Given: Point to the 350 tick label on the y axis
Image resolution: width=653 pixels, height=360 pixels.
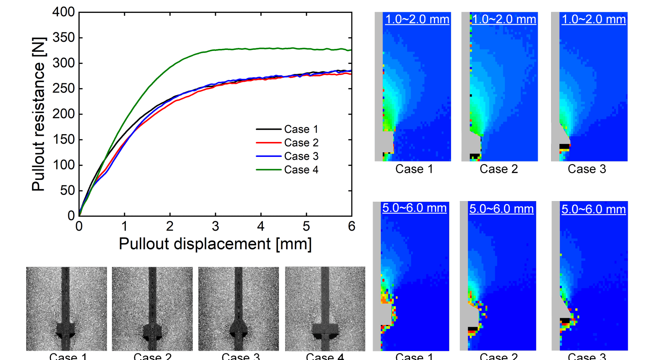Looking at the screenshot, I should [63, 37].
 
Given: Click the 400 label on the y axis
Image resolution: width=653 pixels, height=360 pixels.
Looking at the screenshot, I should [63, 12].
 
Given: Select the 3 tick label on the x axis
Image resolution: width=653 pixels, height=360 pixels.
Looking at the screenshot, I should [215, 226].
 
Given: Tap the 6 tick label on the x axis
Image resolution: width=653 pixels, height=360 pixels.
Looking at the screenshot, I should [351, 226].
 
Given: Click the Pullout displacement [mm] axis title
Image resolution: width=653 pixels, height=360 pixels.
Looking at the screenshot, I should [215, 244].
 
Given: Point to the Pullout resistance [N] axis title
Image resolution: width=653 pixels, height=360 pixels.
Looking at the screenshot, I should [38, 114].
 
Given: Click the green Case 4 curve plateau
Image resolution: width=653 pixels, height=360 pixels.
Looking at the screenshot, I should [272, 49].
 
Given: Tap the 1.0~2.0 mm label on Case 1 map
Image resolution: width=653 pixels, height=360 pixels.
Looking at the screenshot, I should [417, 19].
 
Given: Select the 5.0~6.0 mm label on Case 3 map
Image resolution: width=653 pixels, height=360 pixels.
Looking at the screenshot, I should [593, 209].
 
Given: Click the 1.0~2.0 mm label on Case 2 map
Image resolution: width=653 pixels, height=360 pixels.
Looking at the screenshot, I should [504, 19].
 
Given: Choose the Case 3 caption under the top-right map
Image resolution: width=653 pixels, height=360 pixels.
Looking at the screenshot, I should [586, 169].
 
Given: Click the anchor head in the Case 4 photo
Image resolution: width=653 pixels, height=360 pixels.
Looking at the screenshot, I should [325, 329].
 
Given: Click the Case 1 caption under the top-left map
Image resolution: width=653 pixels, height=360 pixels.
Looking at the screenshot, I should [414, 169].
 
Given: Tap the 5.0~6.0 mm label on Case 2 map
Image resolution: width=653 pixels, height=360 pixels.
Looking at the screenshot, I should [501, 209].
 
